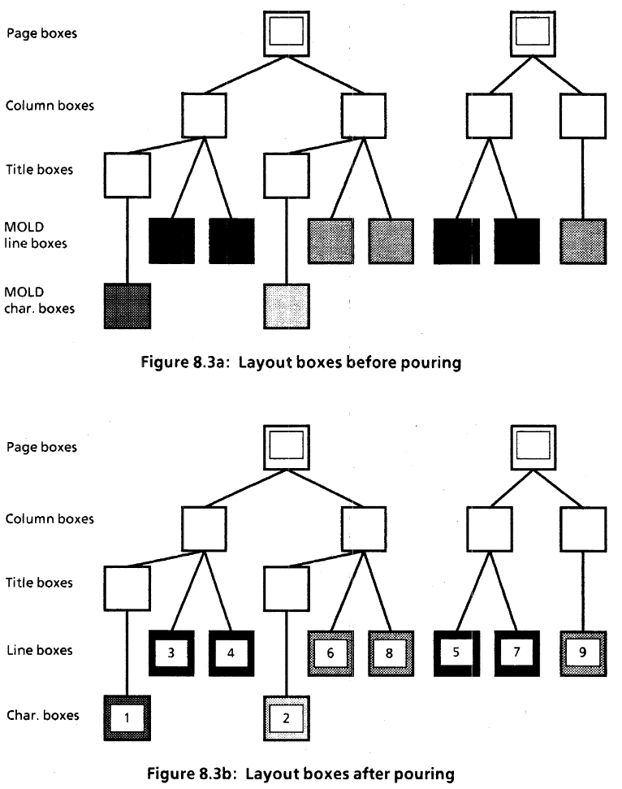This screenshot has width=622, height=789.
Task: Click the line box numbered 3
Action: pos(171,652)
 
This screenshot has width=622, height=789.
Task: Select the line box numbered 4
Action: pos(231,652)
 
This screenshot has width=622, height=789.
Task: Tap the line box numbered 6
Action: pos(330,652)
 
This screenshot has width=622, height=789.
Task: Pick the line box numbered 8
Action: pos(391,652)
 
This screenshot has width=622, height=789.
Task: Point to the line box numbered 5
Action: pos(456,652)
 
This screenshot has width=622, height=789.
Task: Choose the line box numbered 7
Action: pos(516,652)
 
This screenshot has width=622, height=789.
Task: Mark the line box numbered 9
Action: pos(582,652)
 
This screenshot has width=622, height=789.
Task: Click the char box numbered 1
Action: pos(127,717)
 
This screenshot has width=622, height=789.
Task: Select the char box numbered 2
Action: pos(287,717)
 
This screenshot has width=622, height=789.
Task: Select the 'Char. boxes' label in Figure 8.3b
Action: pos(42,716)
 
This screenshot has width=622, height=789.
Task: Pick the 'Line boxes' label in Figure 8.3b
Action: pos(39,650)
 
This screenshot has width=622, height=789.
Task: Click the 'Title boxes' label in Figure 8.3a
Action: pos(39,171)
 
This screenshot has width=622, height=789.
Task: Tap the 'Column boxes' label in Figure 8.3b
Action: pos(45,519)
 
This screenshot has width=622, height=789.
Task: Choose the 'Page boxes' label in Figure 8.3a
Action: pos(41,34)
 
